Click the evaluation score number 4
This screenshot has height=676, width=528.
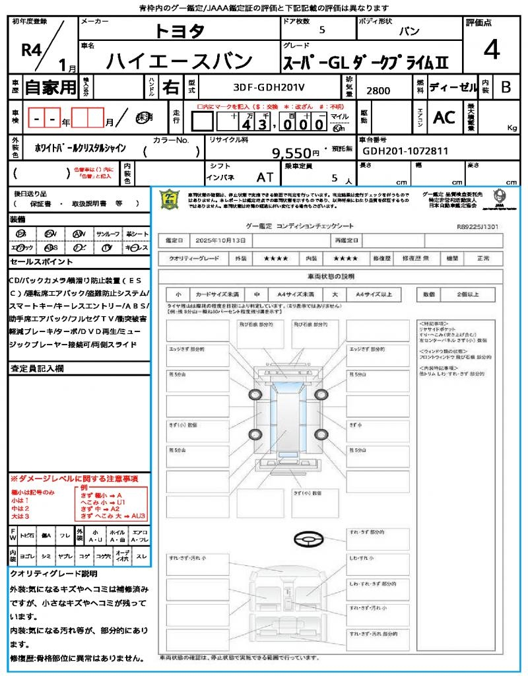491,50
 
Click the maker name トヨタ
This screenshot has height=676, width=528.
180,31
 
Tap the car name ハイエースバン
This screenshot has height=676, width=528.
180,61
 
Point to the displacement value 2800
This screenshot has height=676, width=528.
378,91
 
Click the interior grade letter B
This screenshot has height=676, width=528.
506,86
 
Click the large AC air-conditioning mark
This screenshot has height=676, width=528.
444,117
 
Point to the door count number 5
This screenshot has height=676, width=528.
321,30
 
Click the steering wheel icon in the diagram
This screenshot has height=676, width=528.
308,540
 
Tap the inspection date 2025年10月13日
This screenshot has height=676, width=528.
223,240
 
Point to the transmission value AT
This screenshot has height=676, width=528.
264,178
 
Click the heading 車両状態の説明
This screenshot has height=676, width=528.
331,276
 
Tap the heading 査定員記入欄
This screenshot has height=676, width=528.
36,368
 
